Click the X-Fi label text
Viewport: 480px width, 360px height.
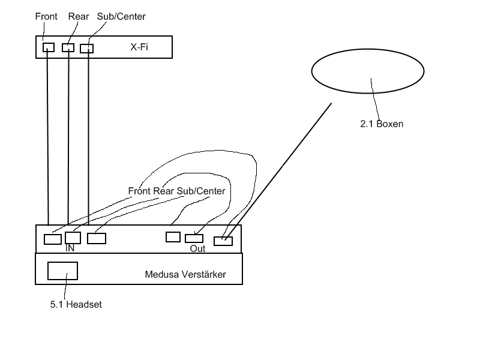click(140, 47)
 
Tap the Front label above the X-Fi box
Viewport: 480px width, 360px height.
click(46, 16)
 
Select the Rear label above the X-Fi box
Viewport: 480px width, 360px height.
click(79, 16)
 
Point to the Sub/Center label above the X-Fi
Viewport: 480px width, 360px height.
click(121, 16)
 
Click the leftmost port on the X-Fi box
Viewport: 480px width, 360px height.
click(49, 47)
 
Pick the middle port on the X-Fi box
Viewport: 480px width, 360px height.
click(68, 48)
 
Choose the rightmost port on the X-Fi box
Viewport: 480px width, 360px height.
click(87, 49)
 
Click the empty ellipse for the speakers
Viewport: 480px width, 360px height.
click(367, 71)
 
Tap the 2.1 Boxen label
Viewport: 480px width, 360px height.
click(382, 124)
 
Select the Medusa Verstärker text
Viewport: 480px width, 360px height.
click(185, 275)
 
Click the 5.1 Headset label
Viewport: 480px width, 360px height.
click(76, 304)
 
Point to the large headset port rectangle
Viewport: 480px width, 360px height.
click(62, 271)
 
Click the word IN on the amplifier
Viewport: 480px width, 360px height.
click(70, 248)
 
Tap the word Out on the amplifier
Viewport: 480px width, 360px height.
click(197, 248)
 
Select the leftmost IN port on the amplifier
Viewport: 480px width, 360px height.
click(53, 239)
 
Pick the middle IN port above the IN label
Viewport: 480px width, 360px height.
click(73, 238)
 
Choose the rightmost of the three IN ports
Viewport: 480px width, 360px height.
click(97, 238)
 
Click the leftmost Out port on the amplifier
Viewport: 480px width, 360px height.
click(173, 236)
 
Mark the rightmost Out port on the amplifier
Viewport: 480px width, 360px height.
click(223, 241)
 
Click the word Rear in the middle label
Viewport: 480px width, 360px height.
click(163, 191)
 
